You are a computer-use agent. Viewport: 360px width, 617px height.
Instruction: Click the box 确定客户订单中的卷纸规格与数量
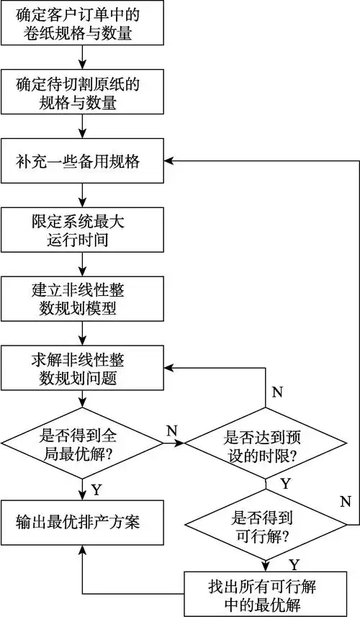tap(83, 23)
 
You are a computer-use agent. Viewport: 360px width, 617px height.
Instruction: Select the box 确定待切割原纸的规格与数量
tap(83, 94)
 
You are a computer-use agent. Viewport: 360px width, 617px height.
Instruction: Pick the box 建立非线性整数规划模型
tap(83, 300)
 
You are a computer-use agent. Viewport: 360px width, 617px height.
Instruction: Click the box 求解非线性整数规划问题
tap(83, 367)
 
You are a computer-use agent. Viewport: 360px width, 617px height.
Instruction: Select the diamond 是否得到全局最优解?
tap(82, 444)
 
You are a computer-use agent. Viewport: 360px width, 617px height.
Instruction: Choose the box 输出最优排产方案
tap(83, 520)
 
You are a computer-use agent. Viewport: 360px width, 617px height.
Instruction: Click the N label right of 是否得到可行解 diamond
tap(346, 500)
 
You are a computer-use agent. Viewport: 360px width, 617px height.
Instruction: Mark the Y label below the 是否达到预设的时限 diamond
tap(285, 483)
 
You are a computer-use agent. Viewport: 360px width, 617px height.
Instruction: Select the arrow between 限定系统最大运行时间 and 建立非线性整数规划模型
tap(83, 264)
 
